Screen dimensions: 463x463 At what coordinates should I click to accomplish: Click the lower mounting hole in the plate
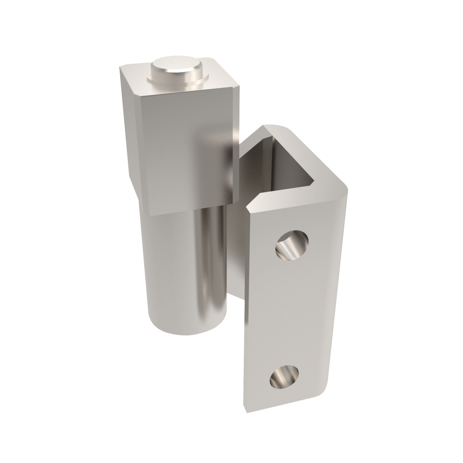click(x=285, y=377)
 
